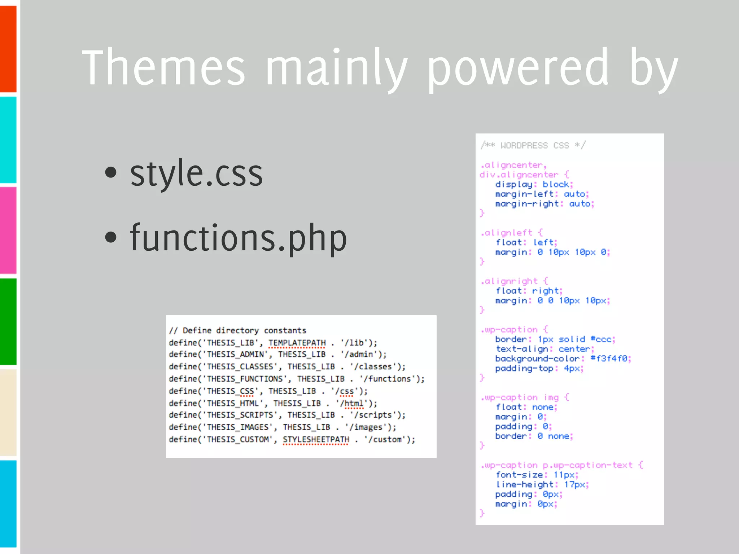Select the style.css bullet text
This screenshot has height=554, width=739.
[196, 174]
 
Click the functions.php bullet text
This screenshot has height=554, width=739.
[238, 238]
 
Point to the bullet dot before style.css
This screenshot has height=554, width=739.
[111, 172]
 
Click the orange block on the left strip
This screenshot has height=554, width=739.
[8, 49]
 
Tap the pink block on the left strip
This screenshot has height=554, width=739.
[8, 230]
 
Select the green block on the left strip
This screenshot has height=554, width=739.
[8, 321]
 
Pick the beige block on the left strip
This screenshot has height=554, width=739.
[8, 412]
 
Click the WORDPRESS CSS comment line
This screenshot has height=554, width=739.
[533, 145]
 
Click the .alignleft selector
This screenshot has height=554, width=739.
[507, 233]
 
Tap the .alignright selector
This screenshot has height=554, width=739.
[509, 281]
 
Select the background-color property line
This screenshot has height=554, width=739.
[563, 359]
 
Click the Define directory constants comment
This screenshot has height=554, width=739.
[238, 330]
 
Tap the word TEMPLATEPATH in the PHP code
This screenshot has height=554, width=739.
[297, 343]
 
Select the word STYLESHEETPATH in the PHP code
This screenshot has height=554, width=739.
[316, 439]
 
